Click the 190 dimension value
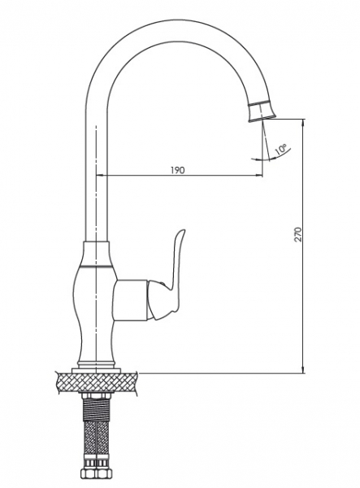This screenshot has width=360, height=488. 177,170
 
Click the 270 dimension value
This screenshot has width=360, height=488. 298,235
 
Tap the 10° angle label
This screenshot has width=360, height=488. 280,150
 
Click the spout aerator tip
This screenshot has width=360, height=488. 262,111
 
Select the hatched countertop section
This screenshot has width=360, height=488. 97,382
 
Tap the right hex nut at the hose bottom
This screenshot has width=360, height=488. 104,473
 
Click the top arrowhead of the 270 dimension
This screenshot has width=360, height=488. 303,122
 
